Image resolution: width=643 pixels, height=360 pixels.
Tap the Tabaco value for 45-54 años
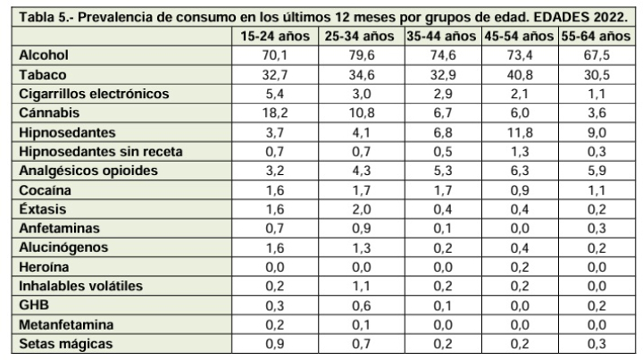[520, 75]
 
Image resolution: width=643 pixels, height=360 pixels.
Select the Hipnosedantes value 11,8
[520, 133]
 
